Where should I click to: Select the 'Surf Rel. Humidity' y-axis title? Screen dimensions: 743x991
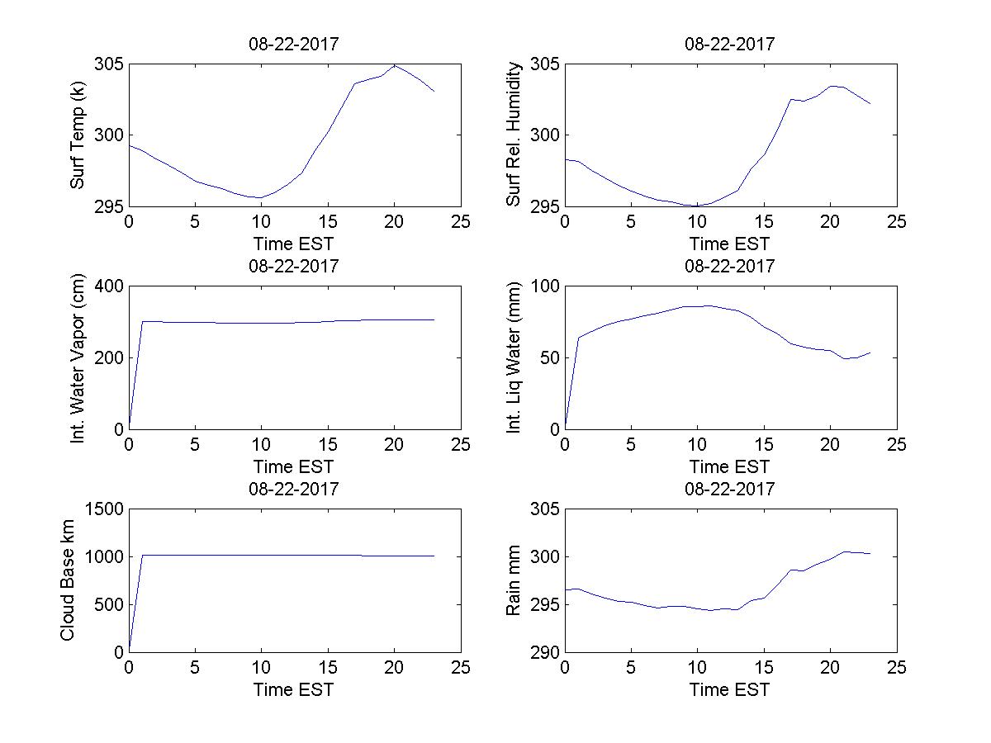tap(514, 135)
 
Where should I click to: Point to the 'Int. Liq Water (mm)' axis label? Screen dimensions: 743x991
tap(514, 357)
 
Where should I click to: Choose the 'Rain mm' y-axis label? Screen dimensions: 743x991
tap(514, 580)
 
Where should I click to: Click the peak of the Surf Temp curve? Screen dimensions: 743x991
tap(395, 65)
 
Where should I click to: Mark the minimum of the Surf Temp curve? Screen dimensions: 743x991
tap(261, 197)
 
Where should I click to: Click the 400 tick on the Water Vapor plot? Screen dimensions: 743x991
tap(110, 286)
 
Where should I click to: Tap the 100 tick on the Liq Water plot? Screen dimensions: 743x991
tap(546, 286)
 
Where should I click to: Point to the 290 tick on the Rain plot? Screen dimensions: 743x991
tap(546, 651)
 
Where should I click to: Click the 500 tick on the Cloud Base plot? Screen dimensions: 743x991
tap(110, 604)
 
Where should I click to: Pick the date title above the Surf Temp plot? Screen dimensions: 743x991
tap(294, 44)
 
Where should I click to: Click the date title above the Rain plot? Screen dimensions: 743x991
tap(730, 489)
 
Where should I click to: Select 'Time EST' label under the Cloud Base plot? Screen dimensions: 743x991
tap(294, 689)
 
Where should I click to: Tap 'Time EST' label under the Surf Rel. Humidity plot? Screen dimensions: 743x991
tap(730, 244)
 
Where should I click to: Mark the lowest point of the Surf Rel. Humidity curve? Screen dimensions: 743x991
tap(696, 206)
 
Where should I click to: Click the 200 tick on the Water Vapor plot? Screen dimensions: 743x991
tap(110, 357)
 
